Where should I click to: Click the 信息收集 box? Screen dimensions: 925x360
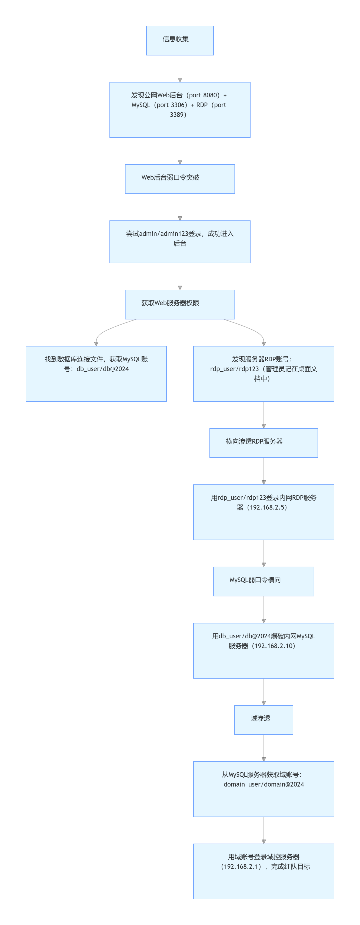(179, 40)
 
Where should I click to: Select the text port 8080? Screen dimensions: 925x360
(204, 95)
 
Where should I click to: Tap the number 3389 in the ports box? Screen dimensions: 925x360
(177, 115)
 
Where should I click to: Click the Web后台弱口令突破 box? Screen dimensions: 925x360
(179, 179)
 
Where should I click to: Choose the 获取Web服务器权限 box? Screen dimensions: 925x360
(179, 304)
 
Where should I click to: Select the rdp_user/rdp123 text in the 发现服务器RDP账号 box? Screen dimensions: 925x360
(234, 369)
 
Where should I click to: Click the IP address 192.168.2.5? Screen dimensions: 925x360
(267, 507)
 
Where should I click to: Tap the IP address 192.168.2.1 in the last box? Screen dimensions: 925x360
(241, 867)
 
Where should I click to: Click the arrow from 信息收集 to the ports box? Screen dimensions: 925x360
(180, 68)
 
